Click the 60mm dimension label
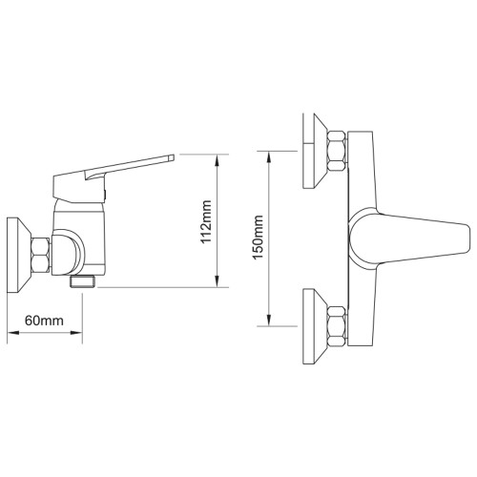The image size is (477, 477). point(44,321)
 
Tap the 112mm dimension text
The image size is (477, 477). point(206,221)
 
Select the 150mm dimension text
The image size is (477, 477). point(258,238)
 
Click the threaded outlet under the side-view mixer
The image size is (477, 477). point(83,281)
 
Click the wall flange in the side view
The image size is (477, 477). point(18,255)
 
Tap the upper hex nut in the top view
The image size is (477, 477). point(337,151)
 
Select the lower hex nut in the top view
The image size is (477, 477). point(337,326)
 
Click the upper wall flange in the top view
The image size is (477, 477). point(315,151)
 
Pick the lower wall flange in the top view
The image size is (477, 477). point(315,326)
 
